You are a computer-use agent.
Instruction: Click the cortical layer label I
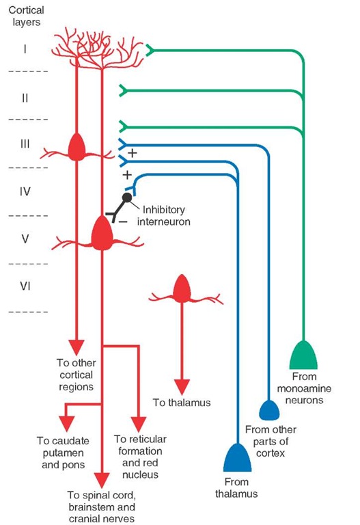tap(25, 50)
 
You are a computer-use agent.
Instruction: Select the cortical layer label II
tap(25, 98)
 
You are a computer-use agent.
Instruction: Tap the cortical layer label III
tap(25, 145)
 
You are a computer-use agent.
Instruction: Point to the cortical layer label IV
tap(25, 193)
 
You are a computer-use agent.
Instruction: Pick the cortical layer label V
tap(25, 240)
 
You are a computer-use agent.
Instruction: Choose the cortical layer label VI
tap(25, 288)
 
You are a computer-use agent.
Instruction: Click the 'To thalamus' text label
tap(181, 403)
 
